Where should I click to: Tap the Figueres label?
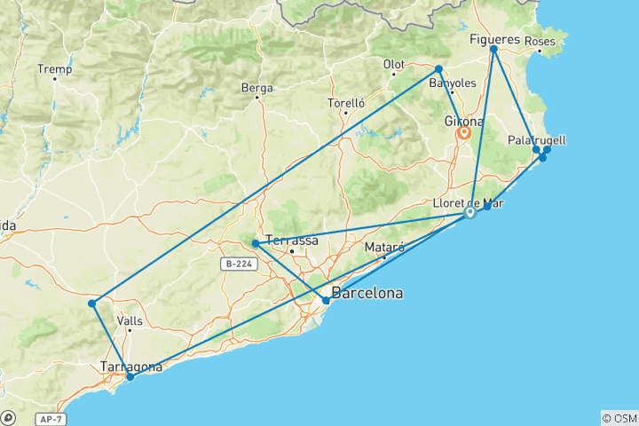[495, 39]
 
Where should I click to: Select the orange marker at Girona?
[463, 133]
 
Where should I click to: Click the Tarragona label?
[132, 367]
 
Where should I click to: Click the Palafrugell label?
[537, 140]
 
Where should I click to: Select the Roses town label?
[540, 42]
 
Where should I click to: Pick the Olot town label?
[393, 65]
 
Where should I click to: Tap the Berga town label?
[257, 88]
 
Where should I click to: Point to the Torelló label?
[347, 103]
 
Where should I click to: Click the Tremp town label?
[53, 68]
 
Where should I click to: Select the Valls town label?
[130, 323]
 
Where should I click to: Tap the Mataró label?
[386, 248]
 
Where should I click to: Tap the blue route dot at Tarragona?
[130, 376]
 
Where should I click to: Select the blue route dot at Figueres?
[493, 50]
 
